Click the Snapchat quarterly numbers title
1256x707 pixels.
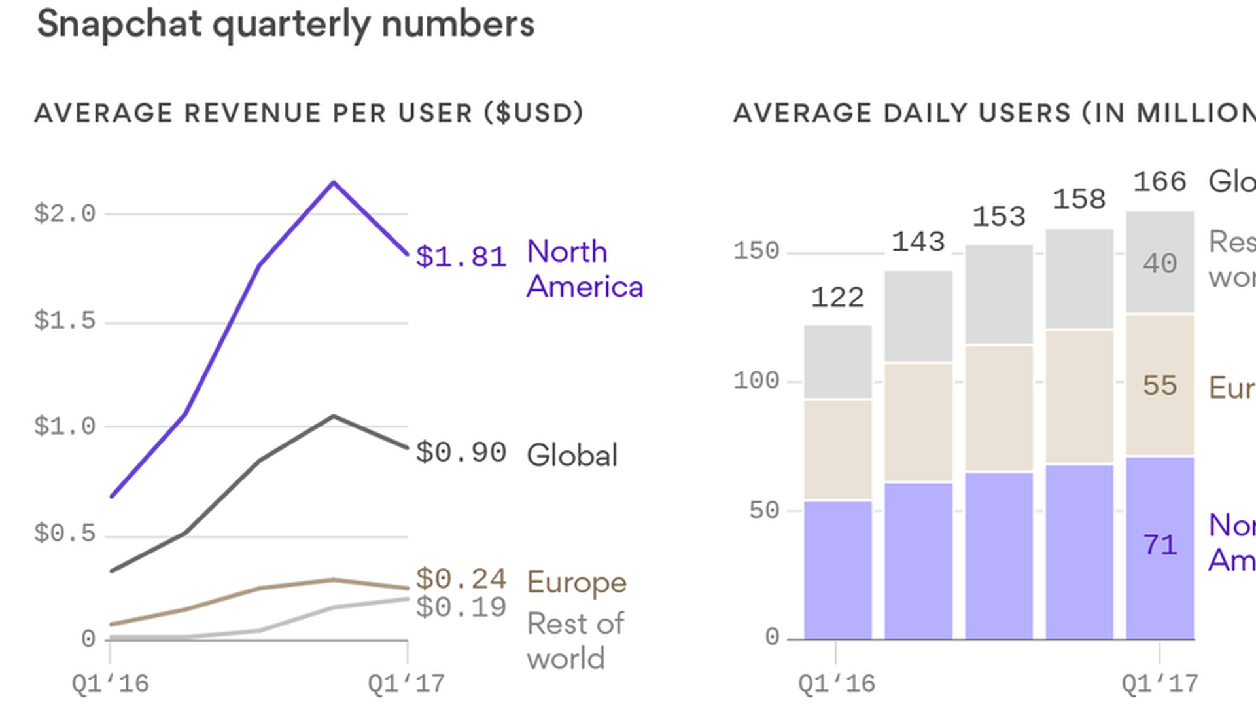click(x=286, y=25)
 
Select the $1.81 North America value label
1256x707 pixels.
click(x=461, y=256)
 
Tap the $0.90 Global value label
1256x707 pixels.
click(x=461, y=452)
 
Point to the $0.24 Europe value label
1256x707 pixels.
click(x=461, y=579)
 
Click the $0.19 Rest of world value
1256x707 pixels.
click(x=461, y=607)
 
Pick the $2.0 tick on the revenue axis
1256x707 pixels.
click(x=65, y=213)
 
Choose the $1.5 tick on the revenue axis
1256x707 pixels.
click(x=65, y=321)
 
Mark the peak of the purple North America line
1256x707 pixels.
click(x=334, y=183)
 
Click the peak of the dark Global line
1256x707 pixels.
click(x=334, y=416)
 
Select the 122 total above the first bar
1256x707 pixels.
click(x=837, y=298)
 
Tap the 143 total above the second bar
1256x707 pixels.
click(x=918, y=242)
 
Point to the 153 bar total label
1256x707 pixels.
click(x=999, y=217)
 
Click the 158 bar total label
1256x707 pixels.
click(x=1079, y=199)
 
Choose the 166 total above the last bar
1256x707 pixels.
click(x=1160, y=181)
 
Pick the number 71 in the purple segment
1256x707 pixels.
click(x=1160, y=545)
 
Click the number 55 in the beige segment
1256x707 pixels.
click(x=1160, y=386)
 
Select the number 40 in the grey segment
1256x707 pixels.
click(x=1160, y=263)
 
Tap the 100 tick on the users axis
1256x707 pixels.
click(x=756, y=380)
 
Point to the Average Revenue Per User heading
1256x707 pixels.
click(x=309, y=113)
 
